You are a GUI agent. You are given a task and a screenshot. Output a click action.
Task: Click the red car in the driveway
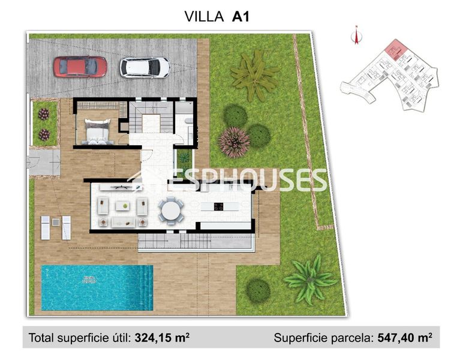(x=80, y=67)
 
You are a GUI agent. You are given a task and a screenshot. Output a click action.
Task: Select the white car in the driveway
(x=145, y=67)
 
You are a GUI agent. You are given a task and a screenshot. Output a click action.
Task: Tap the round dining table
(x=171, y=211)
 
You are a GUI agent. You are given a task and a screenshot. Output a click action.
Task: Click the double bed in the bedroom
(x=97, y=131)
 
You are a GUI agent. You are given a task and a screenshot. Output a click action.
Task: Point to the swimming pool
(x=90, y=287)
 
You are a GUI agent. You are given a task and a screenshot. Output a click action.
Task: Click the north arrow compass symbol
(x=356, y=35)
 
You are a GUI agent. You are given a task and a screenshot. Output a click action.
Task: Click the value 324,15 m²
(x=162, y=338)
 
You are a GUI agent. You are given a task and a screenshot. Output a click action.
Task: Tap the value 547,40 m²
(x=405, y=338)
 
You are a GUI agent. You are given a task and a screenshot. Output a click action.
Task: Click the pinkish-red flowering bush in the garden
(x=234, y=142)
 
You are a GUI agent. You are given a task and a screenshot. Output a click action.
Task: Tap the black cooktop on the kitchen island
(x=217, y=207)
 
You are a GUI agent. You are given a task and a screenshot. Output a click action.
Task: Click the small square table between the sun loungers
(x=56, y=222)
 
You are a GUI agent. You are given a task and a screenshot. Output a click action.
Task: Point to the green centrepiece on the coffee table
(x=125, y=206)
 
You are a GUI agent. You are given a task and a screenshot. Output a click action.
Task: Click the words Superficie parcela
(x=323, y=338)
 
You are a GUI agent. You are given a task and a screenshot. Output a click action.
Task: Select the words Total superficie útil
(x=80, y=338)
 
